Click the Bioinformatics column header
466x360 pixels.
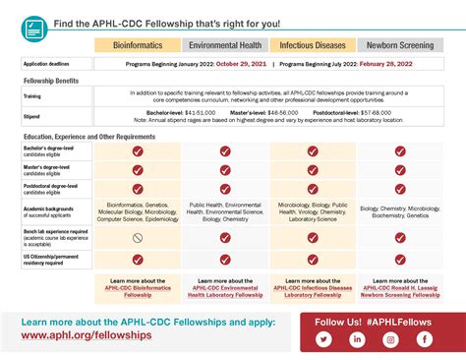(x=138, y=45)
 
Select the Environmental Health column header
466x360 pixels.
(x=225, y=45)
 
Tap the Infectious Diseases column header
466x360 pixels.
(x=313, y=45)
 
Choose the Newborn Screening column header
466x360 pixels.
(x=400, y=45)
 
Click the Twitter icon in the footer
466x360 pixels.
(x=323, y=339)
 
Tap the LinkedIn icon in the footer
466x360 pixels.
(x=357, y=339)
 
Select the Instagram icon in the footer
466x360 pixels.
(x=390, y=339)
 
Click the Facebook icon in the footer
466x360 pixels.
(x=424, y=339)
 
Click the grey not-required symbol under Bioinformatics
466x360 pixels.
(x=138, y=237)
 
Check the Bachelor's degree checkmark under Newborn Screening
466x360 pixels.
(x=400, y=151)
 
